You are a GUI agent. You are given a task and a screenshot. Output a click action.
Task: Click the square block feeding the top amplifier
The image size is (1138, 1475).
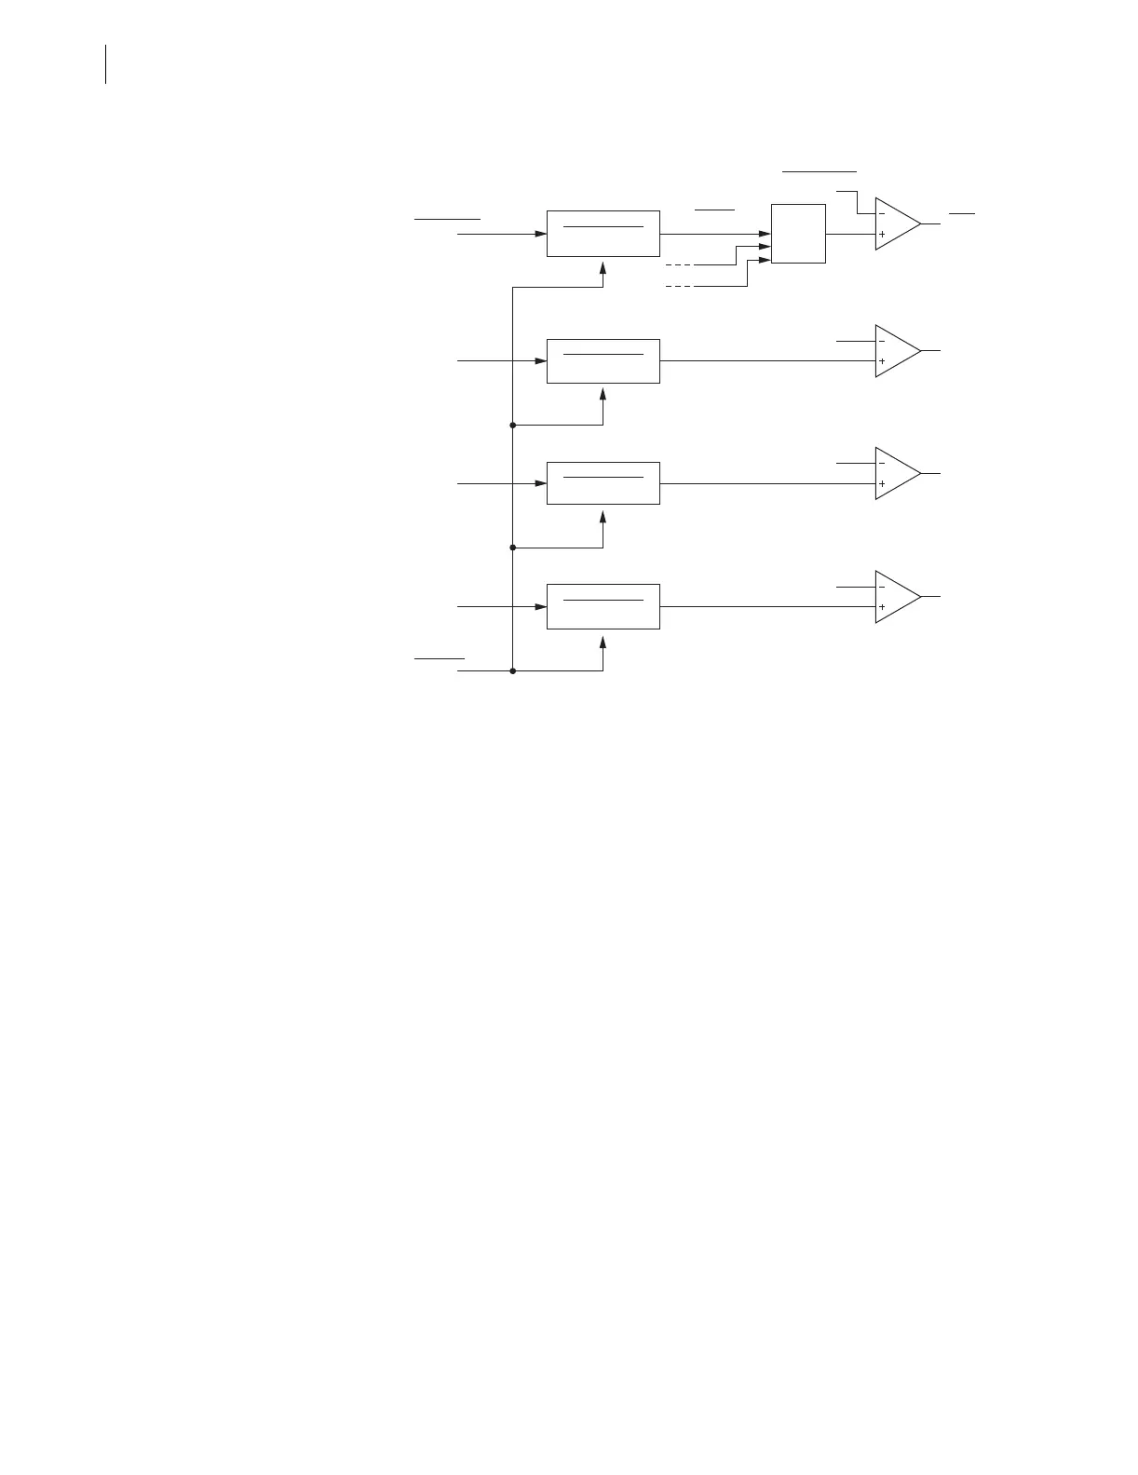coord(798,234)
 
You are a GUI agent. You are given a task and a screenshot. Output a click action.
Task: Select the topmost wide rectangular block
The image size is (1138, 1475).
coord(603,234)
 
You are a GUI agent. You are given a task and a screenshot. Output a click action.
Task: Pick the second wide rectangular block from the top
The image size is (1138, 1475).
coord(603,361)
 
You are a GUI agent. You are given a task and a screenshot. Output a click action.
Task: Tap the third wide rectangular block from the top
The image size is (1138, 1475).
coord(603,483)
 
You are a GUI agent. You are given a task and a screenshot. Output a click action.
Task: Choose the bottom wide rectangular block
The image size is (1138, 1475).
coord(603,606)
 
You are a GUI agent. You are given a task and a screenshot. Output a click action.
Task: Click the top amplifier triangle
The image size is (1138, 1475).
coord(896,224)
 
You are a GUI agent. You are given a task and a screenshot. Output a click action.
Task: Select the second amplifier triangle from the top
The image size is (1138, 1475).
coord(896,351)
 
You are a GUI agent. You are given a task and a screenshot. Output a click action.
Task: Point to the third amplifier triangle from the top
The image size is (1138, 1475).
coord(896,474)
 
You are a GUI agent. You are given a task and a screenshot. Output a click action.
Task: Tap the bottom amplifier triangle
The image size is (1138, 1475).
coord(896,597)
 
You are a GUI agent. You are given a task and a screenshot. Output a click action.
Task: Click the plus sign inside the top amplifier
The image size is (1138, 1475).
coord(882,235)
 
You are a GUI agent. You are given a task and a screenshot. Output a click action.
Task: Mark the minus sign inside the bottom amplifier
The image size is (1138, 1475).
coord(882,587)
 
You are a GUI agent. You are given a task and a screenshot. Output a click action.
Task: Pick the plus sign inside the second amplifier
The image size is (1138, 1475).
coord(882,361)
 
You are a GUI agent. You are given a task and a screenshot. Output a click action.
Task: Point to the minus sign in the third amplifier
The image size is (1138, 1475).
coord(882,463)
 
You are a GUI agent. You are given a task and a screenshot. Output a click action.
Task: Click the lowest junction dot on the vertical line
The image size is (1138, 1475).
coord(513,670)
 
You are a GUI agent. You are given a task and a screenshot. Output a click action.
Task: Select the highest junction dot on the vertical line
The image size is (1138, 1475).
coord(513,425)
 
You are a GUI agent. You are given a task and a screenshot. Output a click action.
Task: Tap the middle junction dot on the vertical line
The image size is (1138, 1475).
coord(513,548)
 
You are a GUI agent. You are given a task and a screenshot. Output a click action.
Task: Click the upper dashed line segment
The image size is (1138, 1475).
coord(679,265)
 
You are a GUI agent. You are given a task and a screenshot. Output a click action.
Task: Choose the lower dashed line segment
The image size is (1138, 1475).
coord(679,286)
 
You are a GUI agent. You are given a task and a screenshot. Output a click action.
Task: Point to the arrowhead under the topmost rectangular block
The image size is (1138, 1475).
coord(603,267)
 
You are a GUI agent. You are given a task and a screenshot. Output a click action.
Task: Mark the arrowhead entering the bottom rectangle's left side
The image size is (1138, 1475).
coord(540,607)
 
